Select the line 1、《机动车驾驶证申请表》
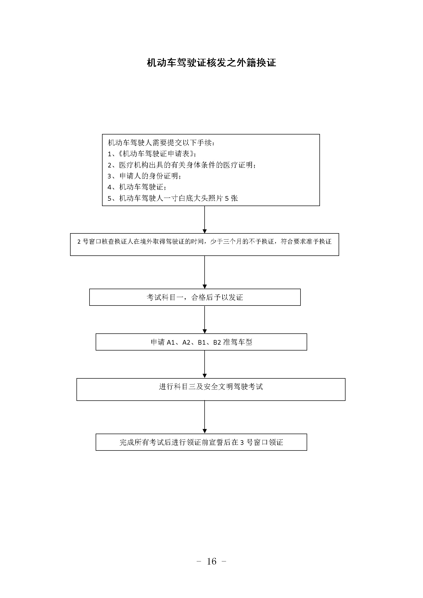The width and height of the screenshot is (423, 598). point(152,154)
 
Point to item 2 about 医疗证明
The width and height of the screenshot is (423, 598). point(182,165)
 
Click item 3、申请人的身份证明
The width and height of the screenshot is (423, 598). point(144,176)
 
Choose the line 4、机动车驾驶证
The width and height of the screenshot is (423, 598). point(137,187)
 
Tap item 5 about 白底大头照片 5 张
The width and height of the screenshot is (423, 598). point(173,198)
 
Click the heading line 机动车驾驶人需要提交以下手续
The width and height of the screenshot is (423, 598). point(161,143)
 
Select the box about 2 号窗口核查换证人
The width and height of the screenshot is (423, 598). point(205,245)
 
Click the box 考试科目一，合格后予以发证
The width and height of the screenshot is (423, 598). point(195,297)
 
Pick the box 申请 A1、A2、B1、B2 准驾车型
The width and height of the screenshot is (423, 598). point(201,342)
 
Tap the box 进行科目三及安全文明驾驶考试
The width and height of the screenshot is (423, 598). point(211,389)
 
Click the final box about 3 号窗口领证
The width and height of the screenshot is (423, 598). point(201,442)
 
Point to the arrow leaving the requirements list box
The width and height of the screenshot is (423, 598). point(205,220)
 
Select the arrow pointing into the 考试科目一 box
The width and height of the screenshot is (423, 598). point(205,272)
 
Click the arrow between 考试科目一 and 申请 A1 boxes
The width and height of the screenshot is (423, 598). point(205,320)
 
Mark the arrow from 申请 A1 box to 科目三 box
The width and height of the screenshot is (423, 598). point(205,364)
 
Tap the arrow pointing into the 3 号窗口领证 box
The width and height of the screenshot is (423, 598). point(205,417)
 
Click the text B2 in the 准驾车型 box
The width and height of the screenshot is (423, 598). point(217,342)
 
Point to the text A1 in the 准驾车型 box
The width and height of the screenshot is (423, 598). point(171,342)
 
